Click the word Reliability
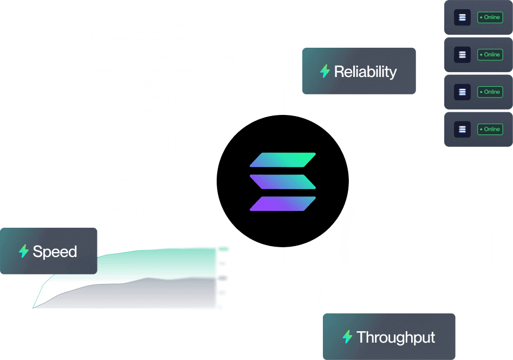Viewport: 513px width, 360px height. (x=365, y=72)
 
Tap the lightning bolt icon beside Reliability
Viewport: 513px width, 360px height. (x=325, y=71)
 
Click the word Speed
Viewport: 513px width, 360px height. (x=55, y=252)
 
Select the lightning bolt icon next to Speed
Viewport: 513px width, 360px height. (x=23, y=251)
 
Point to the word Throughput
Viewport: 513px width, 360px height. (x=395, y=337)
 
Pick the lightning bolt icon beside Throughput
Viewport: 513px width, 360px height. (x=347, y=337)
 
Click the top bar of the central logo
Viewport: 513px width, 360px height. (x=282, y=160)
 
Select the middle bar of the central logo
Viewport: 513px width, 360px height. (x=282, y=182)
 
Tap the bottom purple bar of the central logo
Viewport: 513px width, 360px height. (x=282, y=203)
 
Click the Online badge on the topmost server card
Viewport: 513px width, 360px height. (x=490, y=17)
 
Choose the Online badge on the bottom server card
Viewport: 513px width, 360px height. (x=490, y=129)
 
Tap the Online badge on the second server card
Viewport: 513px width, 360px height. (x=490, y=54)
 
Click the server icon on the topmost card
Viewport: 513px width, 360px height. (x=462, y=17)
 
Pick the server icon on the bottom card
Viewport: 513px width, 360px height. (x=462, y=129)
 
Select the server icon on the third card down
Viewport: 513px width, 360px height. (x=462, y=92)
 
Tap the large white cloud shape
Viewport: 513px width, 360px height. (x=412, y=244)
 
